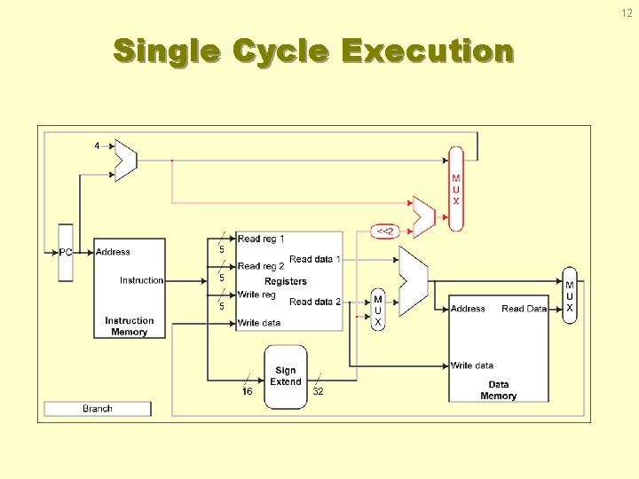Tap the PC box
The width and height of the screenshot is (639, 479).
pos(66,252)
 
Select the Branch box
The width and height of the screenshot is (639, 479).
pos(98,409)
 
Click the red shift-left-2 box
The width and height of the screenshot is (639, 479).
pos(385,232)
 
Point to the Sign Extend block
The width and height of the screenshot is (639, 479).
pos(286,376)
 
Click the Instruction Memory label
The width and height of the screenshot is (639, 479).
pos(129,326)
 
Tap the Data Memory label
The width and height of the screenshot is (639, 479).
pos(498,390)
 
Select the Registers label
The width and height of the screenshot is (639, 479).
pos(286,281)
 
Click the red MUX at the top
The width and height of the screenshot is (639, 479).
pos(456,189)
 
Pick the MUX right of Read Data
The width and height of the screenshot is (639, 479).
pos(570,296)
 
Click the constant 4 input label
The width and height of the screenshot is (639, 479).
pos(97,145)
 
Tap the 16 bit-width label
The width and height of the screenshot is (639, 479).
pos(248,391)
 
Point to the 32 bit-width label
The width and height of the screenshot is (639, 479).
pos(318,391)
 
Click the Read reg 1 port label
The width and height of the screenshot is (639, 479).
pos(261,239)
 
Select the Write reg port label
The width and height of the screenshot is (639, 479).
pos(256,294)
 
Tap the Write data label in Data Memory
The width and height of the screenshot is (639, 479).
pos(472,365)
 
